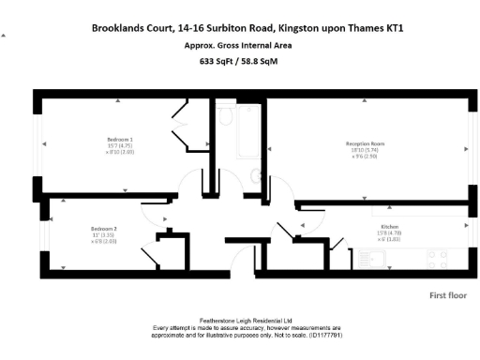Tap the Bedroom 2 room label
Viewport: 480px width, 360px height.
103,229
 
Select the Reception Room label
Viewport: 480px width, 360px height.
366,144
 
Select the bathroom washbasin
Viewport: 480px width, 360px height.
256,174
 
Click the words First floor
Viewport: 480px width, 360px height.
448,295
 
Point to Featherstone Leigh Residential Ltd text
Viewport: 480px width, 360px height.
240,320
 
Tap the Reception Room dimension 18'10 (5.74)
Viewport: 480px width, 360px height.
366,150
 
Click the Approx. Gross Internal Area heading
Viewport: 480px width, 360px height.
237,45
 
